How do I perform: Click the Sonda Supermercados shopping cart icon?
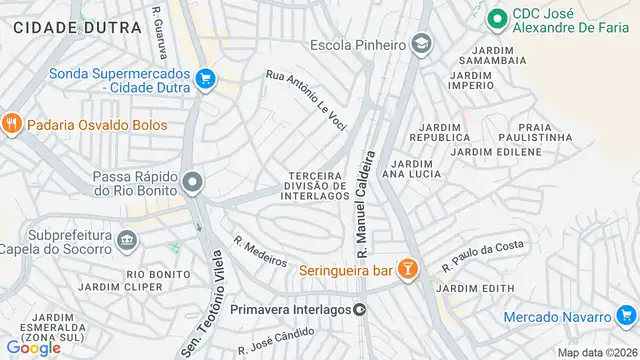click(x=205, y=79)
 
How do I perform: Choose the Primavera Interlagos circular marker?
click(x=360, y=309)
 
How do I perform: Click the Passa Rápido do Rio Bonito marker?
click(x=192, y=182)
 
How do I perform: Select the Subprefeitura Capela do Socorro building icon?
click(x=126, y=240)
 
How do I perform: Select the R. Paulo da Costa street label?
click(x=483, y=254)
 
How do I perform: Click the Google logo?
click(x=33, y=348)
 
